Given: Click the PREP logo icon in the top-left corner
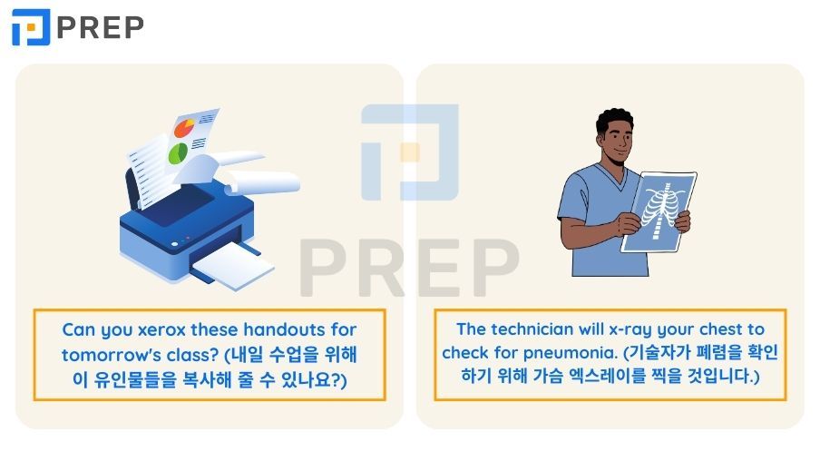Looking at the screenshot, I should coord(30,27).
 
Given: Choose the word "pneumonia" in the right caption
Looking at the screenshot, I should coord(561,353).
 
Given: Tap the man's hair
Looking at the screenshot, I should coord(613,120).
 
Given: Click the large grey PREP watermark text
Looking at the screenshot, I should coord(408,270).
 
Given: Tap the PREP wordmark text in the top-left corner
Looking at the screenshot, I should coord(100,27).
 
